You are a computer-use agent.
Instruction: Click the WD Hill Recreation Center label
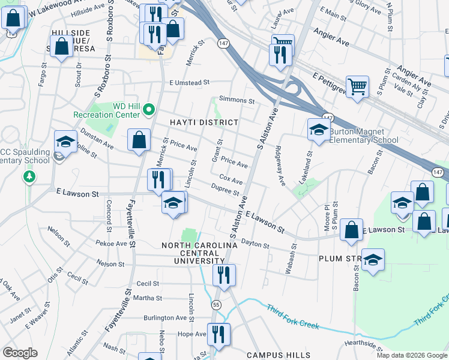click(107, 110)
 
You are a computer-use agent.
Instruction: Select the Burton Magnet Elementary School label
click(363, 136)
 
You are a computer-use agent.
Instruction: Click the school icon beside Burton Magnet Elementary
click(318, 130)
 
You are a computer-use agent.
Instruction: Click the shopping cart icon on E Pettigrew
click(357, 86)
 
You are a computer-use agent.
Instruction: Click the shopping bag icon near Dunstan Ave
click(139, 140)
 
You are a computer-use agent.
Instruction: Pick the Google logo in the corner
click(20, 353)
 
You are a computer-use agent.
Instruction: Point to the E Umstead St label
click(188, 83)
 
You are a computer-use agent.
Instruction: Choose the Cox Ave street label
click(231, 179)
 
